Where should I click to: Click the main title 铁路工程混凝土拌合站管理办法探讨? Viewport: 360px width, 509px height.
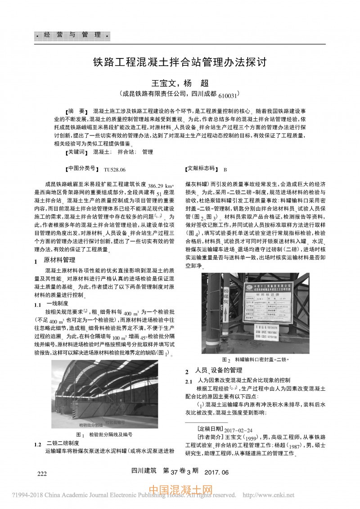[x=180, y=61]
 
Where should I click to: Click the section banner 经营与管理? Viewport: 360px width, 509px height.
[x=72, y=35]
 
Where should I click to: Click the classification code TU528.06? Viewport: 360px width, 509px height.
[x=114, y=170]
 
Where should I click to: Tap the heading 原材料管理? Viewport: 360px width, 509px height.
[x=59, y=260]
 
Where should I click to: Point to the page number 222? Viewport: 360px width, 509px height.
[x=42, y=473]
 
